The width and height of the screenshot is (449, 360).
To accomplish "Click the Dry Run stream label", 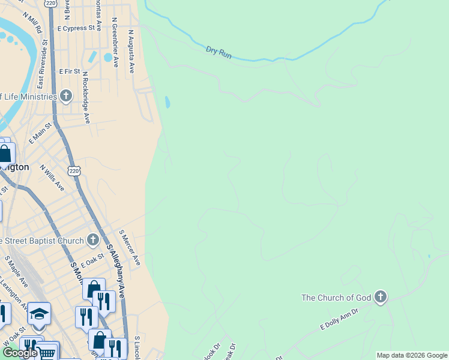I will tap(218, 52).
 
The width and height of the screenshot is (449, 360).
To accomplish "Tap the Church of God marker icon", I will tap(380, 297).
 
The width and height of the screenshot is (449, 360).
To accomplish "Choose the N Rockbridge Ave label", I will tap(86, 98).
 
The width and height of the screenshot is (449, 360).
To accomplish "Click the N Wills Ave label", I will tap(52, 178).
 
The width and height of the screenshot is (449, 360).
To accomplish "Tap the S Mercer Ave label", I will tap(130, 247).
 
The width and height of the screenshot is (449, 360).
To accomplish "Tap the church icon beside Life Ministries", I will tap(66, 96).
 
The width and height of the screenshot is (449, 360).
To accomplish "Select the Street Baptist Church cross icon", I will tap(92, 241).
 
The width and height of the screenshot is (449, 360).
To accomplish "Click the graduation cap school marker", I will tap(39, 314).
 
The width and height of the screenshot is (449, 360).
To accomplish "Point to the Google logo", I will tap(19, 353).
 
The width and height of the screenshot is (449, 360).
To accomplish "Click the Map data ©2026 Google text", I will tap(412, 355).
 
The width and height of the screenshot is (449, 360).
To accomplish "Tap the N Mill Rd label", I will tap(32, 22).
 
